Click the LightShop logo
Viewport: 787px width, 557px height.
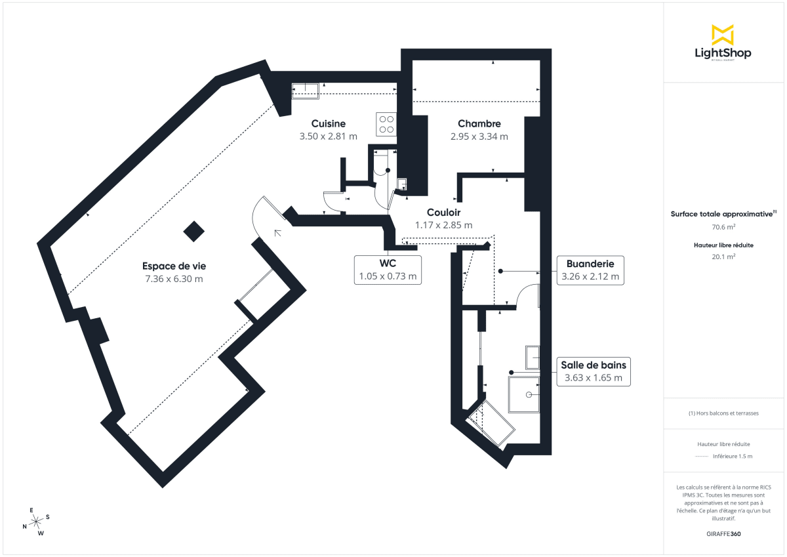(723, 43)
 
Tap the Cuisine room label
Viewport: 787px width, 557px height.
(328, 123)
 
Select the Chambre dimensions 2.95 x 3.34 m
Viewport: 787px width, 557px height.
(479, 136)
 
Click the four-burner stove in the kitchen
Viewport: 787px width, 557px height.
(386, 124)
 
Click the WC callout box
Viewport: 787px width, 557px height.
(388, 270)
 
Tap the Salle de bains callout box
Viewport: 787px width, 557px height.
(593, 371)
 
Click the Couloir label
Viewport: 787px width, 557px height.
(443, 213)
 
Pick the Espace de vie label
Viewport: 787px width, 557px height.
(174, 266)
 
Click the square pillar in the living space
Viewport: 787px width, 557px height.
(193, 230)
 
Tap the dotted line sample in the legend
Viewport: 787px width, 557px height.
(702, 456)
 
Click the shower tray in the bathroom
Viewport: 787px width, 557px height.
(524, 394)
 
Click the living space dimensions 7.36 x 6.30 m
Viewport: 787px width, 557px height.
(174, 279)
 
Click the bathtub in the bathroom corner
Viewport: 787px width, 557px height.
(491, 425)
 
